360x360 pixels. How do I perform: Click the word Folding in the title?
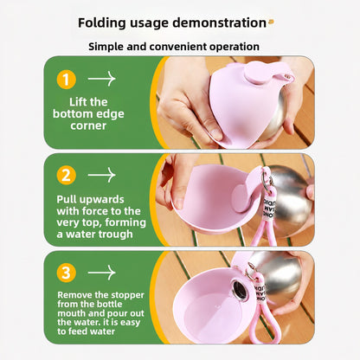pos(102,23)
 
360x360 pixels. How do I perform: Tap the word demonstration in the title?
pos(219,22)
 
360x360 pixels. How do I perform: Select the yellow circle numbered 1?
pos(67,80)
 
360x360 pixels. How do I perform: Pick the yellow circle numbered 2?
pos(67,175)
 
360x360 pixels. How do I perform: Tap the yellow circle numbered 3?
pos(67,273)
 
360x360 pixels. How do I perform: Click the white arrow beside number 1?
pos(101,79)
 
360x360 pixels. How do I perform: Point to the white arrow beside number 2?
pos(101,175)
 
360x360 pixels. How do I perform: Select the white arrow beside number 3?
pos(101,273)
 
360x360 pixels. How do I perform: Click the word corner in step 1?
pos(88,125)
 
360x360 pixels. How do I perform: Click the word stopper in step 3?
pos(127,295)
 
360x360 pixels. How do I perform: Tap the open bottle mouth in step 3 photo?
pos(240,290)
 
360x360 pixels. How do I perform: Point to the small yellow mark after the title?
pos(271,22)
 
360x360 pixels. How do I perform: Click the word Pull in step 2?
pos(67,199)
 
